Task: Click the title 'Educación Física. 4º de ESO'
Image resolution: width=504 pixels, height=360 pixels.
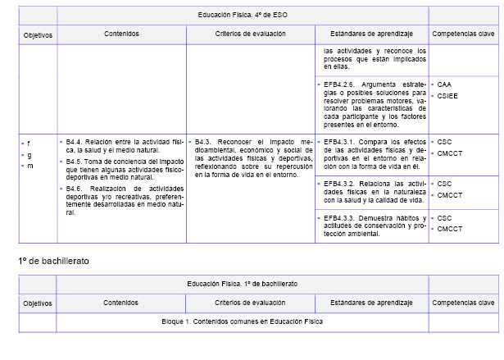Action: (x=243, y=16)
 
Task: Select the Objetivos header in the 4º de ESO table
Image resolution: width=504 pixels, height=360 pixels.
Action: (x=38, y=35)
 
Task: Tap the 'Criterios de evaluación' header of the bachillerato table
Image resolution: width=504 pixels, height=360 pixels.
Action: (x=250, y=303)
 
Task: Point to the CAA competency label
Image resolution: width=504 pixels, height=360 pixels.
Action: (x=444, y=84)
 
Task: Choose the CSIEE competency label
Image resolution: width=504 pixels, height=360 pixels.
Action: (x=447, y=95)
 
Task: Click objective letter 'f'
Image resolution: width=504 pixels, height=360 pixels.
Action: (x=30, y=143)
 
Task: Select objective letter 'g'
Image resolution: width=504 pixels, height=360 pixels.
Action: (x=30, y=154)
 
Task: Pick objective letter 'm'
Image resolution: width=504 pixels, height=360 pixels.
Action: (x=30, y=166)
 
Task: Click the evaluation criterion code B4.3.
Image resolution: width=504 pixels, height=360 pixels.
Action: (x=204, y=141)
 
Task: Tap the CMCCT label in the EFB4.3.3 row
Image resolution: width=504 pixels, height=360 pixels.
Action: (x=450, y=229)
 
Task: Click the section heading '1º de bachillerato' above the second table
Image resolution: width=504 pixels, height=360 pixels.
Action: (x=54, y=260)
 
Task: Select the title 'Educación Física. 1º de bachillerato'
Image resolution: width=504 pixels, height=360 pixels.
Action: (x=243, y=283)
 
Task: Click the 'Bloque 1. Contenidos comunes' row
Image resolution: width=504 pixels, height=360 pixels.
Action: (x=243, y=321)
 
